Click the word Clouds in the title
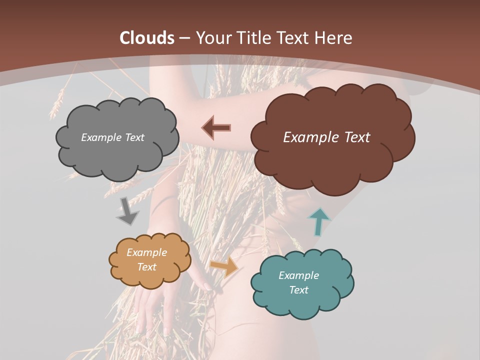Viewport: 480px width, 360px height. coord(146,38)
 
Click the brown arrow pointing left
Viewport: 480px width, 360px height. coord(216,127)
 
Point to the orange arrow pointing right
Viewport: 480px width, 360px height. coord(224,267)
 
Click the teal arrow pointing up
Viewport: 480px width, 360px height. coord(319,221)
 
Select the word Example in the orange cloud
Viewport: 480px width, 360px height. coord(146,252)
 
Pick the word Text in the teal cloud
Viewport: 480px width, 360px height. coord(298,290)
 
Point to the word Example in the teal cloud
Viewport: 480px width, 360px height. coord(298,275)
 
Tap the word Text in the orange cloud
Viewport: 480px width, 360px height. coord(146,267)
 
